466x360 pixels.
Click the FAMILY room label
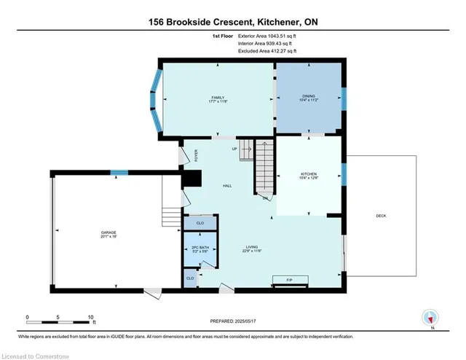tap(216, 98)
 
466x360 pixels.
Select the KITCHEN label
tap(309, 175)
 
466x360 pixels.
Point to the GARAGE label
tap(108, 233)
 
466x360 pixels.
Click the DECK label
tap(381, 216)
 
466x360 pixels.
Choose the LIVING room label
tap(251, 249)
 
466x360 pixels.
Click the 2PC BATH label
tap(200, 249)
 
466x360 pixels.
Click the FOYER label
tap(196, 155)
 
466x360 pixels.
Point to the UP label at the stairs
tap(234, 149)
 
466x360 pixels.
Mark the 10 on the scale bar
tap(92, 318)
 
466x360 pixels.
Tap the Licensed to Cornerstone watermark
tap(33, 355)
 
